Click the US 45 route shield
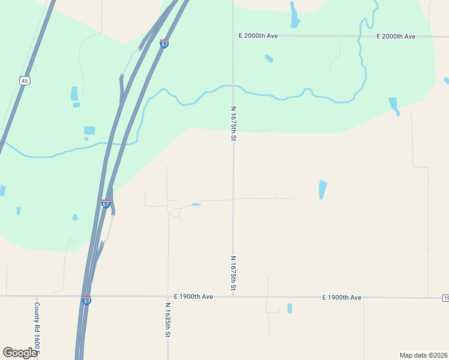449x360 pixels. (25, 80)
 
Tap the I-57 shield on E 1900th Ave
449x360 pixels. (87, 299)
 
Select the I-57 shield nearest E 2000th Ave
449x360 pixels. (164, 43)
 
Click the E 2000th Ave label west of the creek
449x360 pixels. (258, 36)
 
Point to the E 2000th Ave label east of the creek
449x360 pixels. (396, 37)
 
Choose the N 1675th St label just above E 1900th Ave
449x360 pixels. (233, 274)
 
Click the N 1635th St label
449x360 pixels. (168, 319)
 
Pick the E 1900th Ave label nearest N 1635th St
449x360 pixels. (193, 296)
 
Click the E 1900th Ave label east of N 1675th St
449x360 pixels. (342, 297)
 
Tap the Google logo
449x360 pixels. (20, 353)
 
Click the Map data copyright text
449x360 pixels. (423, 355)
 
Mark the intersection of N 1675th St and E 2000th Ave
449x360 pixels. (233, 36)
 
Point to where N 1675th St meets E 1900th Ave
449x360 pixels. (233, 296)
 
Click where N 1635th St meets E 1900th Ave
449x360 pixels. (168, 296)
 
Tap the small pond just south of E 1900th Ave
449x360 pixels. (289, 308)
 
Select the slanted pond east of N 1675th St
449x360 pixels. (322, 190)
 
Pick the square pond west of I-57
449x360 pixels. (89, 130)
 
